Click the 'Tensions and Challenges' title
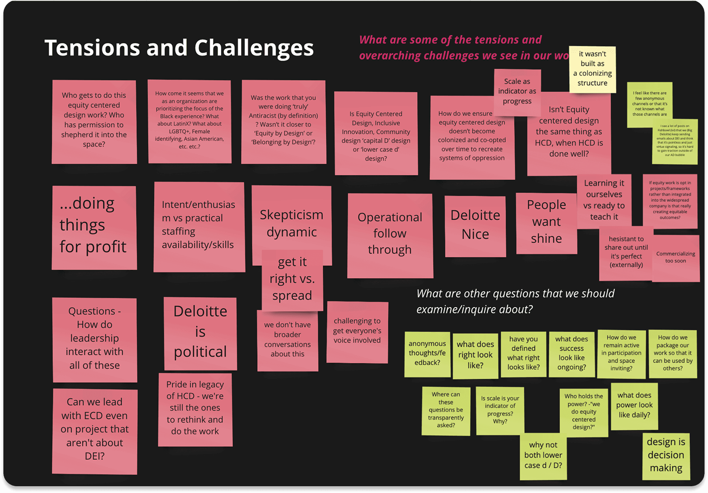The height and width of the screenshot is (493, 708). [x=179, y=48]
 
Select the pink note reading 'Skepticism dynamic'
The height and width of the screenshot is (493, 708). [x=291, y=221]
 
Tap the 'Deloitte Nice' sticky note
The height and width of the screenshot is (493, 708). [x=475, y=225]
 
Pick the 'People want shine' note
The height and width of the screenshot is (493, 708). [x=546, y=222]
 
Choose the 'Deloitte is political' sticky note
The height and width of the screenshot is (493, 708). [x=200, y=332]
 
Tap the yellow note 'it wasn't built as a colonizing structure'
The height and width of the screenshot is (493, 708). [x=592, y=69]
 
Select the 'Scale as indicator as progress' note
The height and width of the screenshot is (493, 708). [x=517, y=91]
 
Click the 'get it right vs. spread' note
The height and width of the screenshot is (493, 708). [x=292, y=279]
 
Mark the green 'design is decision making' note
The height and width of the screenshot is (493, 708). [x=666, y=455]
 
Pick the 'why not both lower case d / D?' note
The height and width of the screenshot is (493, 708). [x=543, y=456]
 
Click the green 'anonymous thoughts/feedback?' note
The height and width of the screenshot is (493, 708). [x=427, y=353]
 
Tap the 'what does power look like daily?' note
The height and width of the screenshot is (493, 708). [x=634, y=405]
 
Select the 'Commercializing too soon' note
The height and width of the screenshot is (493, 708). [x=675, y=258]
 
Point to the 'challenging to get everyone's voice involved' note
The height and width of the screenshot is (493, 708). [x=357, y=331]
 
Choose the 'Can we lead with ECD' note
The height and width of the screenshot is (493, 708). [x=94, y=429]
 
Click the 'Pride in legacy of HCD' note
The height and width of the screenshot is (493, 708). [x=195, y=408]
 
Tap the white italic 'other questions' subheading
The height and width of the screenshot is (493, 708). [x=515, y=301]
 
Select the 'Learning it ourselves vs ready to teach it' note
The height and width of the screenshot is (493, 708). [x=604, y=200]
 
